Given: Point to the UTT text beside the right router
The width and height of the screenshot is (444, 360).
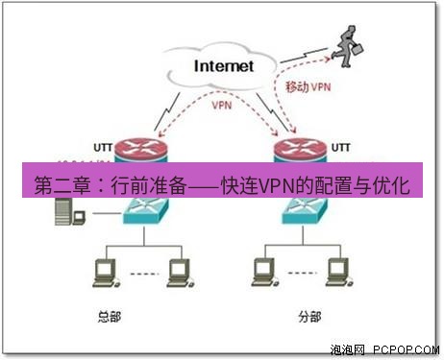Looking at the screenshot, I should pyautogui.click(x=341, y=147).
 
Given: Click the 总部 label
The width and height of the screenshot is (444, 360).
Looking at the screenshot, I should pyautogui.click(x=111, y=316).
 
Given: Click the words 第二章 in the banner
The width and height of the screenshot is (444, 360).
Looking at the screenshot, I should pyautogui.click(x=56, y=182).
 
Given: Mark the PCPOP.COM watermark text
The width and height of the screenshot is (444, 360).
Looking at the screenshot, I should pyautogui.click(x=405, y=350).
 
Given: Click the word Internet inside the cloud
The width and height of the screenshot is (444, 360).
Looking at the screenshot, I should pyautogui.click(x=223, y=66).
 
